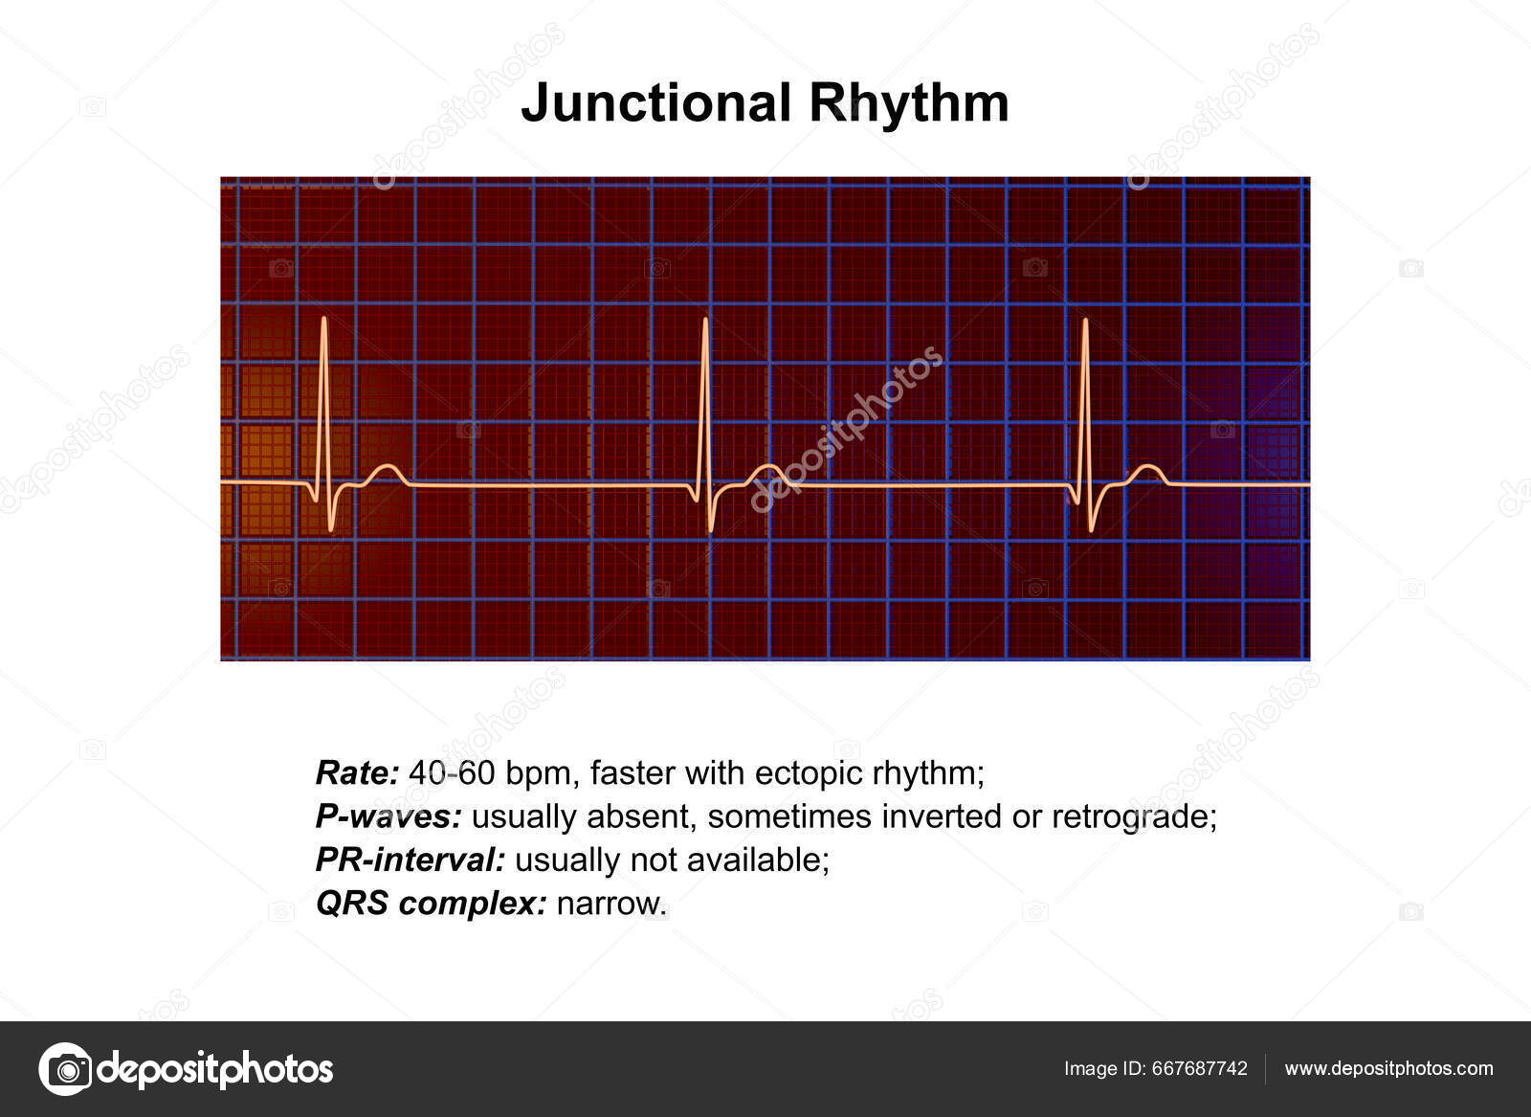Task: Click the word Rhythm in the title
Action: (909, 103)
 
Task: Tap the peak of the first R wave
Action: (323, 319)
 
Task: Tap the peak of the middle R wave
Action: (705, 320)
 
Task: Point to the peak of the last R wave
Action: (1085, 320)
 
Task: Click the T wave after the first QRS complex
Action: (386, 467)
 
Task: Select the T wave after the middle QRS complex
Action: (766, 467)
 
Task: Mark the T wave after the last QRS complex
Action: (1146, 467)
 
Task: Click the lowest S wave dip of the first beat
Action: (331, 528)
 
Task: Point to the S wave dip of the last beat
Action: (1092, 529)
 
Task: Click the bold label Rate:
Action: (356, 772)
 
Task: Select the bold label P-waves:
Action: (388, 816)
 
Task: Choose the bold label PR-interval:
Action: (410, 860)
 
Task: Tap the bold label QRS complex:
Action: (431, 903)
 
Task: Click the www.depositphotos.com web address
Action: (1388, 1068)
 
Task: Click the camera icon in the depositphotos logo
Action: (65, 1068)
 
